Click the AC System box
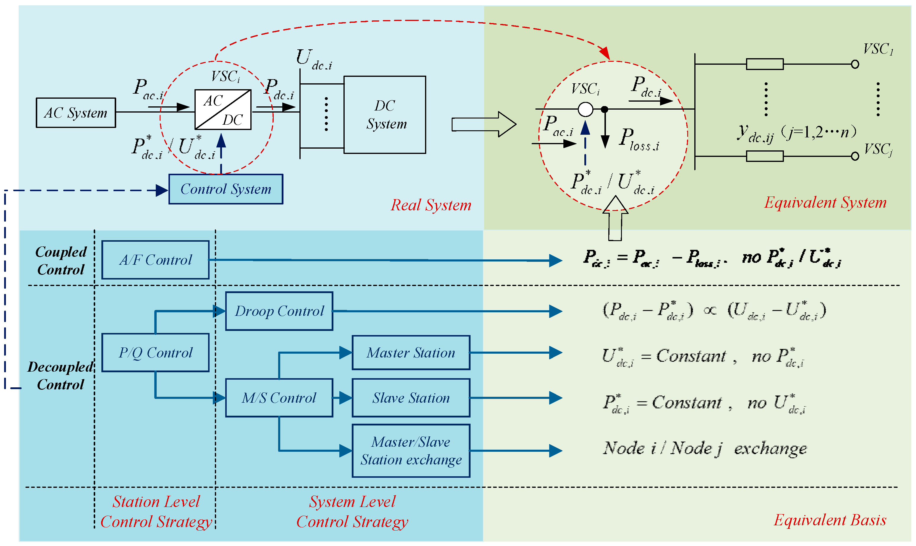click(x=76, y=113)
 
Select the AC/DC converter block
click(x=223, y=110)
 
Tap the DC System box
click(x=385, y=115)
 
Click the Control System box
click(x=226, y=189)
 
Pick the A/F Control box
click(x=155, y=260)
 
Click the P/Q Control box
click(x=155, y=352)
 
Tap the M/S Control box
click(x=279, y=398)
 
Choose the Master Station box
click(x=411, y=352)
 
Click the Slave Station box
click(x=411, y=398)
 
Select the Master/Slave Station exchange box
click(x=411, y=451)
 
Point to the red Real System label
click(x=431, y=205)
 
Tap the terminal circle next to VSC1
click(x=855, y=64)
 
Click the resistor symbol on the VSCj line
click(x=764, y=156)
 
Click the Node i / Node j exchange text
click(x=705, y=448)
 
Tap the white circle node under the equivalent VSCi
click(x=585, y=109)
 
